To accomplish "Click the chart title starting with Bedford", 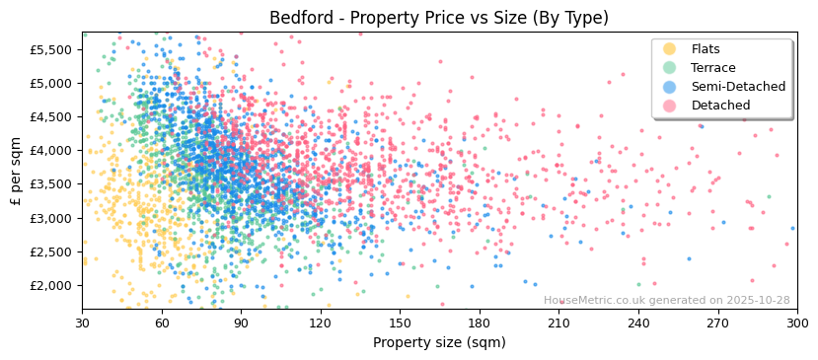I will click(439, 18).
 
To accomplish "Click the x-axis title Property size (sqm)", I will click(439, 342).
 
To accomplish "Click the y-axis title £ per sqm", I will click(17, 171).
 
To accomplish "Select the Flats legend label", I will click(705, 49).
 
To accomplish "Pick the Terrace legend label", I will click(711, 68).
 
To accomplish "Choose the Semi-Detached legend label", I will click(738, 87).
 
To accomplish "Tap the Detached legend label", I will click(720, 106).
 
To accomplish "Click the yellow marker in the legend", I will click(670, 49).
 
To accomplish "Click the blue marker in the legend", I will click(670, 87).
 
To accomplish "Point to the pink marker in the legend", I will click(670, 106).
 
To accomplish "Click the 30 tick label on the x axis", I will click(82, 323).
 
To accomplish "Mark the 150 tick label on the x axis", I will click(400, 323).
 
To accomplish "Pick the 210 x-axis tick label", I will click(558, 323).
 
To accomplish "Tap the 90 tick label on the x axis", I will click(241, 323).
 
